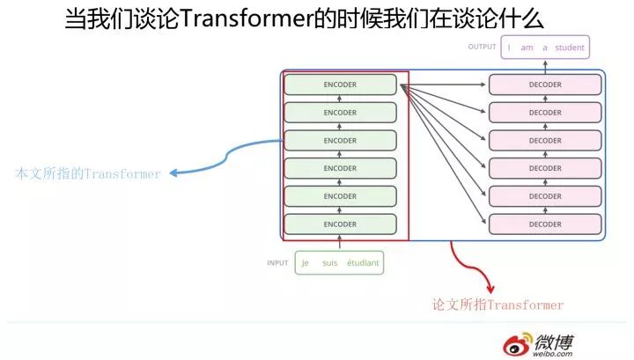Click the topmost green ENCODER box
pyautogui.click(x=340, y=84)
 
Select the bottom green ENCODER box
pyautogui.click(x=340, y=224)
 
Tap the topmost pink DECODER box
pyautogui.click(x=545, y=84)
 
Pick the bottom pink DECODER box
pyautogui.click(x=545, y=224)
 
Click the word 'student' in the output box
pyautogui.click(x=570, y=47)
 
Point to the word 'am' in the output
pyautogui.click(x=527, y=47)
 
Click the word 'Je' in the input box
pyautogui.click(x=306, y=263)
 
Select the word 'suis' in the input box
pyautogui.click(x=330, y=263)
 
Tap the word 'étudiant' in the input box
pyautogui.click(x=363, y=263)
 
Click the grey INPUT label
pyautogui.click(x=277, y=263)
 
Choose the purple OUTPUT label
pyautogui.click(x=483, y=47)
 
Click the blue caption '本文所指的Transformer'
pyautogui.click(x=88, y=174)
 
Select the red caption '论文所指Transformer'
pyautogui.click(x=498, y=305)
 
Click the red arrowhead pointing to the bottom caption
pyautogui.click(x=490, y=289)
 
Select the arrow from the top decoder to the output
pyautogui.click(x=545, y=67)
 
